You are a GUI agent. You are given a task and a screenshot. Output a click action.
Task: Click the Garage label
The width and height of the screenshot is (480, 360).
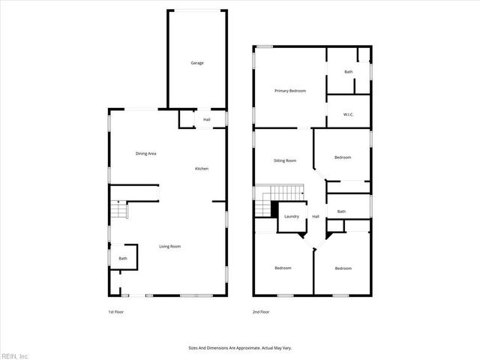[196, 63]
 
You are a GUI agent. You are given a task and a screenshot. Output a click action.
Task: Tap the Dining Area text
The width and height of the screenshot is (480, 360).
[145, 154]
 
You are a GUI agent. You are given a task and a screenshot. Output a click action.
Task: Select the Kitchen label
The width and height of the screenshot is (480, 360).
[202, 169]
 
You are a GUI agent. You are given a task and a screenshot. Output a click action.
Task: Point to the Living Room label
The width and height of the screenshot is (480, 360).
[169, 247]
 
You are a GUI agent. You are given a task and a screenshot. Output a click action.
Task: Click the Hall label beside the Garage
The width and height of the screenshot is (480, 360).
[206, 119]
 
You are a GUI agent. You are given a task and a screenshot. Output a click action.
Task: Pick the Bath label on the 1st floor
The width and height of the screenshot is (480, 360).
[122, 259]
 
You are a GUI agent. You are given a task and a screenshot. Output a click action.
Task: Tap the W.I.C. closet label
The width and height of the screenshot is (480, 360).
[348, 115]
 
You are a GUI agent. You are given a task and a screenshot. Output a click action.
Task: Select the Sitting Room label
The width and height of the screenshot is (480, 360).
[284, 160]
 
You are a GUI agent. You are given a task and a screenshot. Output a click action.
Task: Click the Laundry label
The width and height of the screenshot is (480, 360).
[292, 217]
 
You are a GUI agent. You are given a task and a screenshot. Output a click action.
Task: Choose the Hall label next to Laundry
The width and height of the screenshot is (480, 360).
[316, 217]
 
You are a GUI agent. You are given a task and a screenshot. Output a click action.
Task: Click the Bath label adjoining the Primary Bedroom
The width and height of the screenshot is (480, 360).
[348, 72]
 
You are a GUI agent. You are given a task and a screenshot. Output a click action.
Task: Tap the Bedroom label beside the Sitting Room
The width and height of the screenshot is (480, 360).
[343, 157]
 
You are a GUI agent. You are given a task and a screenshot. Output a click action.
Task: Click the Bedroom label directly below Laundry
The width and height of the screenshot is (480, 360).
[283, 268]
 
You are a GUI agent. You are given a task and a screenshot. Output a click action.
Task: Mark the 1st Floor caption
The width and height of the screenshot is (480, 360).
[116, 311]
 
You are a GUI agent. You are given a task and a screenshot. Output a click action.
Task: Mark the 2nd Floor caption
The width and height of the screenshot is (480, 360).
[260, 311]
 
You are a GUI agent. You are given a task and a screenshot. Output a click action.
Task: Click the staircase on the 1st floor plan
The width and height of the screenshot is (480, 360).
[117, 209]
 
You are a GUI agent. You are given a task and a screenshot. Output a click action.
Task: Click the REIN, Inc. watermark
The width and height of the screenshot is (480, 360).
[14, 355]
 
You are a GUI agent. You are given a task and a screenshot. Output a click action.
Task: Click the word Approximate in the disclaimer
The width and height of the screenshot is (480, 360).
[241, 348]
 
